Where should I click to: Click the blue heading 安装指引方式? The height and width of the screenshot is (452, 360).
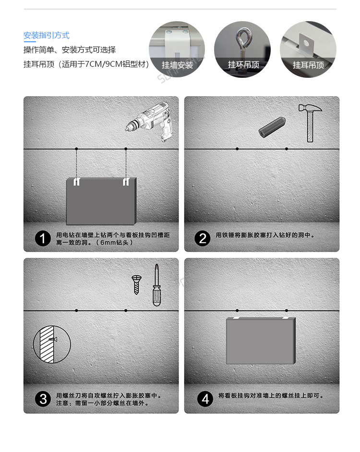coord(47,36)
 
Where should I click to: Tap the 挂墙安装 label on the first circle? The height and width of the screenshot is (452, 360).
coord(177,65)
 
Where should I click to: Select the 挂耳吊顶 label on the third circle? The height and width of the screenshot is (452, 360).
coord(308,65)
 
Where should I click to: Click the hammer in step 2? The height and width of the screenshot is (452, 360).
coord(310,122)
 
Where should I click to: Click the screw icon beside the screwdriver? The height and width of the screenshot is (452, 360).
coord(137,284)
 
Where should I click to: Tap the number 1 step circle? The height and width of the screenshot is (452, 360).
coord(43,238)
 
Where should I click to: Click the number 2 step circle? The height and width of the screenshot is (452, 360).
coord(203,238)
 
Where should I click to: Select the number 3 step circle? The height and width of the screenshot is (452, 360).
coord(43,399)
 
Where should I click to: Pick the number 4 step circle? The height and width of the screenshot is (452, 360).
coord(205,399)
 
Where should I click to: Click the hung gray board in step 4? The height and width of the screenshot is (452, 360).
coord(261,341)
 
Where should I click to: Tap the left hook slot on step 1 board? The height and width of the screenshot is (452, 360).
coord(77,182)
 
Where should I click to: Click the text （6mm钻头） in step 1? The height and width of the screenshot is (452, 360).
coord(114,243)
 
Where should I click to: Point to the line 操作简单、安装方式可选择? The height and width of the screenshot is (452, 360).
coord(70,50)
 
